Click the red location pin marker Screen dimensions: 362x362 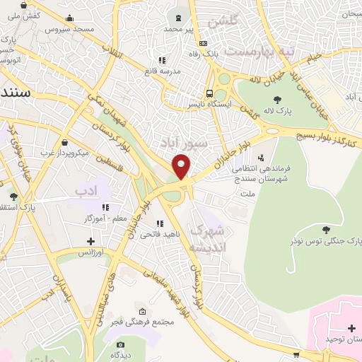pyautogui.click(x=182, y=168)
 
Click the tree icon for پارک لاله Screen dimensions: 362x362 pyautogui.click(x=276, y=100)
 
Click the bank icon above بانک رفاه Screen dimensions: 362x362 pyautogui.click(x=204, y=42)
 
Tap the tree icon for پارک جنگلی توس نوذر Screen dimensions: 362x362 pyautogui.click(x=326, y=229)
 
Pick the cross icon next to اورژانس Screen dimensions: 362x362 pyautogui.click(x=90, y=241)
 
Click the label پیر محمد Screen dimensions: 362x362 pyautogui.click(x=178, y=29)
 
